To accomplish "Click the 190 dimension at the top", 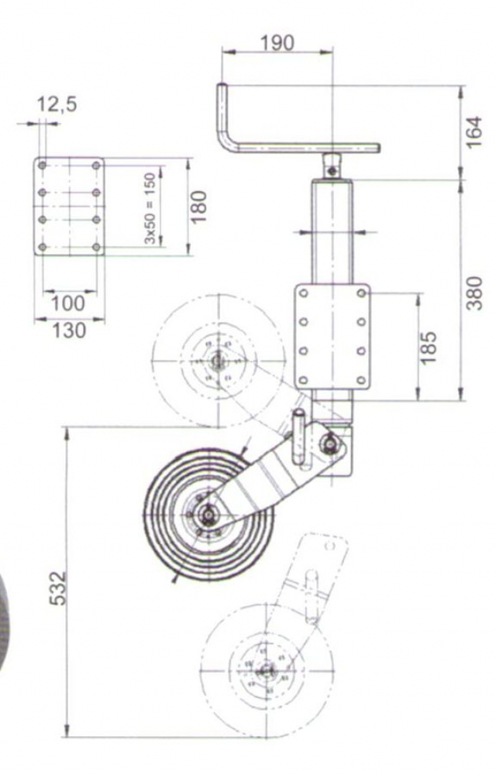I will [x=277, y=42].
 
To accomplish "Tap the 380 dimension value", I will [x=474, y=292].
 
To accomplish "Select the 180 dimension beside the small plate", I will [x=200, y=205].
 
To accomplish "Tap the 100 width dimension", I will [x=69, y=303].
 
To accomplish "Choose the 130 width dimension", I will [x=69, y=330].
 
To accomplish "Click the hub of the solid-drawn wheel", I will [x=208, y=513].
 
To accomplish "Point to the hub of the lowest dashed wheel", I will [x=266, y=670].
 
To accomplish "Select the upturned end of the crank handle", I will [x=222, y=93].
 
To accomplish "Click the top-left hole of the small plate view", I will [x=43, y=166].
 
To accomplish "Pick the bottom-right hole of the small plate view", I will [x=96, y=247].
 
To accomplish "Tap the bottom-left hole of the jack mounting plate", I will [x=304, y=379].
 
